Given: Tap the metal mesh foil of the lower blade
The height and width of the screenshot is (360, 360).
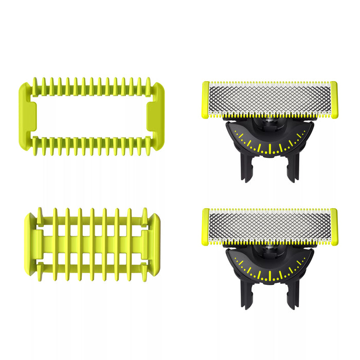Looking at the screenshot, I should [270, 226].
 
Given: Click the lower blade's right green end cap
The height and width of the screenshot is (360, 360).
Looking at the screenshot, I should [334, 226].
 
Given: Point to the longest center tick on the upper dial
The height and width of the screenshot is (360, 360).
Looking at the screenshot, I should [270, 149].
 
